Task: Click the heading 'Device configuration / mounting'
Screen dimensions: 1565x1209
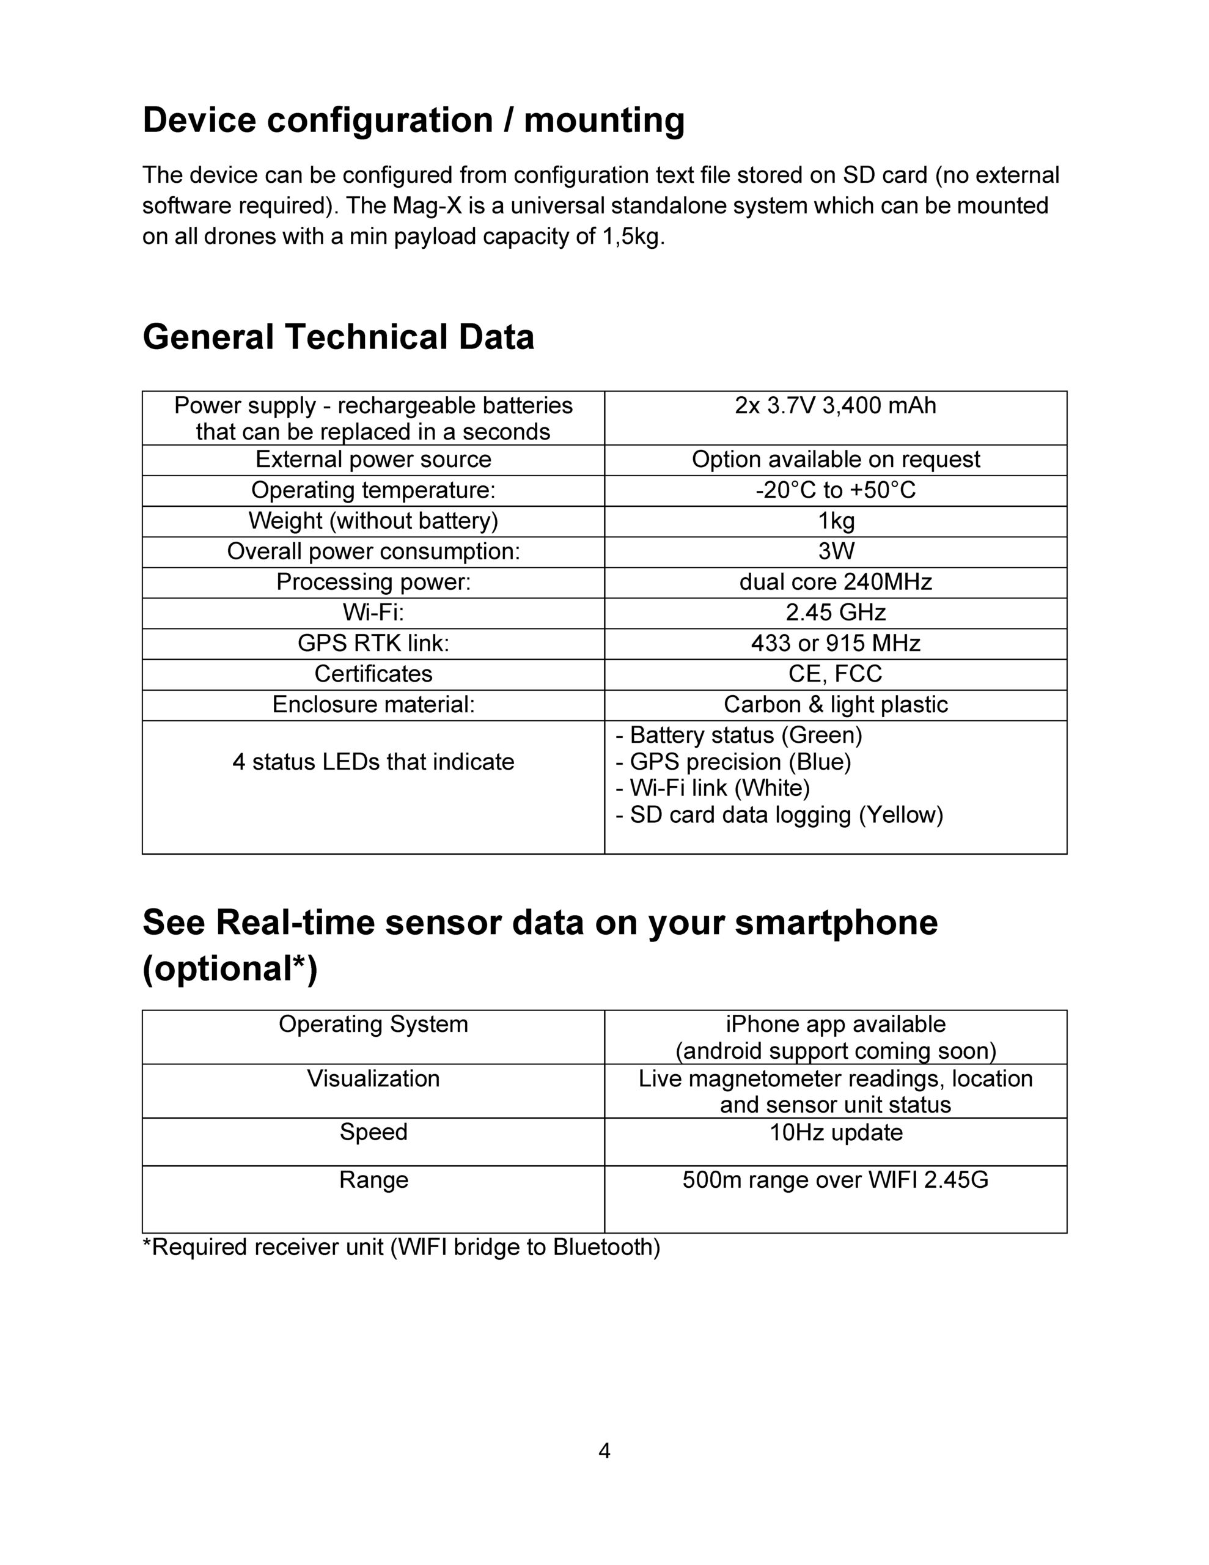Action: tap(414, 120)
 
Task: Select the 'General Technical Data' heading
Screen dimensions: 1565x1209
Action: tap(338, 337)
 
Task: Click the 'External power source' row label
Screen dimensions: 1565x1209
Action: tap(373, 459)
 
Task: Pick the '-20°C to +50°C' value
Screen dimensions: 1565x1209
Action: tap(835, 490)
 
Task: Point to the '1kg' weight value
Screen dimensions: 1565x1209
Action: tap(836, 521)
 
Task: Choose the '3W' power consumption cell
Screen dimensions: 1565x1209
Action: tap(836, 551)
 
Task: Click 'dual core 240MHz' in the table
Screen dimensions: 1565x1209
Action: tap(835, 582)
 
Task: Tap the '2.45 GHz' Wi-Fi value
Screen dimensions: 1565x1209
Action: tap(835, 613)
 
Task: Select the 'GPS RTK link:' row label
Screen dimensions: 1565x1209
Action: tap(373, 644)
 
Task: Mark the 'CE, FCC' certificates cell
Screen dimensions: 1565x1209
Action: tap(835, 674)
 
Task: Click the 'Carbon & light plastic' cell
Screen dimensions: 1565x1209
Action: tap(835, 705)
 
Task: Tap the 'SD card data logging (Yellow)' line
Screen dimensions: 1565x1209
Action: tap(779, 815)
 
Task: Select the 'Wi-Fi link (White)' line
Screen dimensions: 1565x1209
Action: tap(712, 788)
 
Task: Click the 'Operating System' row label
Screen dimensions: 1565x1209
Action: tap(373, 1024)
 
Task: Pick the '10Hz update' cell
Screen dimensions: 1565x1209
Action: tap(835, 1132)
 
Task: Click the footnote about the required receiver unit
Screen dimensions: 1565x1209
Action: tap(402, 1248)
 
